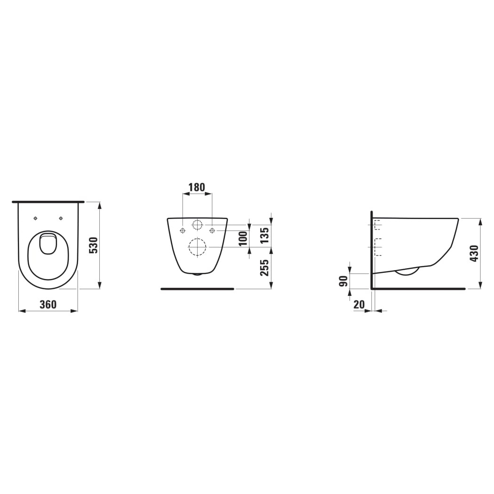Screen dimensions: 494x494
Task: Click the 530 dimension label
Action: click(94, 246)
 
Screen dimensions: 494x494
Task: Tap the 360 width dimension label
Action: click(48, 305)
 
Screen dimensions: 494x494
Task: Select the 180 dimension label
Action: click(197, 187)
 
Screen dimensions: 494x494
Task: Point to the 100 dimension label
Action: click(243, 239)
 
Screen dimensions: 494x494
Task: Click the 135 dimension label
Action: click(265, 235)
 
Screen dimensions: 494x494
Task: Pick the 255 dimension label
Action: click(265, 268)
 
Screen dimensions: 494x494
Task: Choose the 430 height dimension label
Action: click(474, 254)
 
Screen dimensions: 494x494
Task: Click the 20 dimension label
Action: click(359, 304)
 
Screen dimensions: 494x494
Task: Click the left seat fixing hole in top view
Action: click(36, 218)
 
